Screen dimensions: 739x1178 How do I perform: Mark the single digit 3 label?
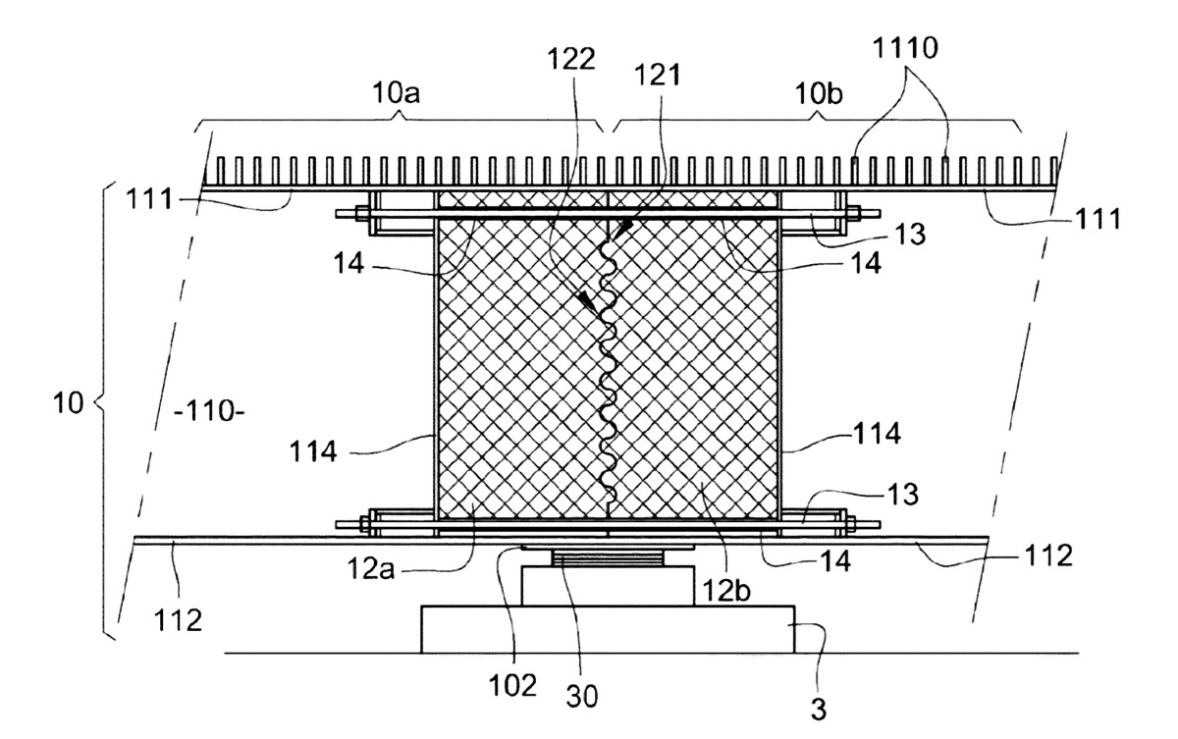[x=818, y=710]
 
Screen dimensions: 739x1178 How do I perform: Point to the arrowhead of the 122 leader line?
[x=587, y=304]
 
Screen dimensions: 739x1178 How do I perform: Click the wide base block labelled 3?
[x=608, y=628]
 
